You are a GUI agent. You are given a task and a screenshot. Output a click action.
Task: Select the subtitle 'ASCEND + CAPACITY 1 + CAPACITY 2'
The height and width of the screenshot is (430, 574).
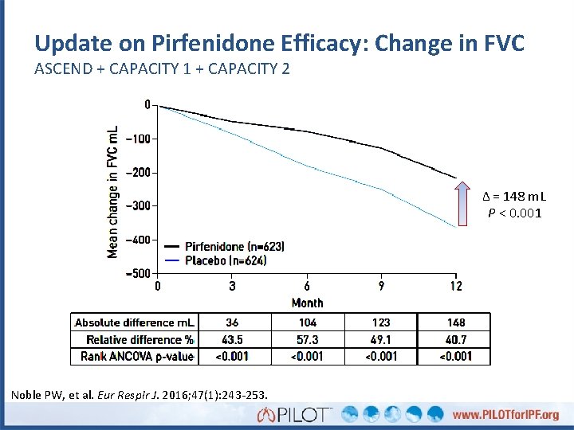pos(162,69)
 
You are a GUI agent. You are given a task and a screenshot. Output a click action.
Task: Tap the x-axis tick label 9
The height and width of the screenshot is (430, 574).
pos(381,286)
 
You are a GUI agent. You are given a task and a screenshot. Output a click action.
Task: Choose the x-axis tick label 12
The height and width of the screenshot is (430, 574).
pos(455,286)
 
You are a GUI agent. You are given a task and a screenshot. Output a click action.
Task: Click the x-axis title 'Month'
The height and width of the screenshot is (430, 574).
pos(307,303)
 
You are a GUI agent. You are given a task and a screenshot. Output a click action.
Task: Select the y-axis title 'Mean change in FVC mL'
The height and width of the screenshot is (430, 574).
pos(113,191)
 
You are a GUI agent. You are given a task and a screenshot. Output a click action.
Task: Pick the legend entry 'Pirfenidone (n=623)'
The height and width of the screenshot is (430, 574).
pos(234,247)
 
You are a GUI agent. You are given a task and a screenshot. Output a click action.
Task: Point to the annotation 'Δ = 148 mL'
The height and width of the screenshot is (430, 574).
pos(515,197)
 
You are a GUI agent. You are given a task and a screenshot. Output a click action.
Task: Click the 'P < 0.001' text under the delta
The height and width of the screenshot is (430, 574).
pos(515,213)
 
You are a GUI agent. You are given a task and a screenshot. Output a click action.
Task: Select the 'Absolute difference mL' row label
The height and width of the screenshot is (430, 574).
pos(135,322)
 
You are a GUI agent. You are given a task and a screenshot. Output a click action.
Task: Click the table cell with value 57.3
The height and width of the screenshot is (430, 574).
pos(307,339)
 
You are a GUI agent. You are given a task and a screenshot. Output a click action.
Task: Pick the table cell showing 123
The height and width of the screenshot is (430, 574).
pos(381,322)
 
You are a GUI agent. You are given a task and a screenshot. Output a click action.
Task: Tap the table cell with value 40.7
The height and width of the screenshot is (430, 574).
pos(455,339)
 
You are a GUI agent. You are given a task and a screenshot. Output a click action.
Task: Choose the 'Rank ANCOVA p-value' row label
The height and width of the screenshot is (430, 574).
pos(137,356)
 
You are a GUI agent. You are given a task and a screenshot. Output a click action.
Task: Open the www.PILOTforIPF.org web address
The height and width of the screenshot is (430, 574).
pos(505,415)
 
